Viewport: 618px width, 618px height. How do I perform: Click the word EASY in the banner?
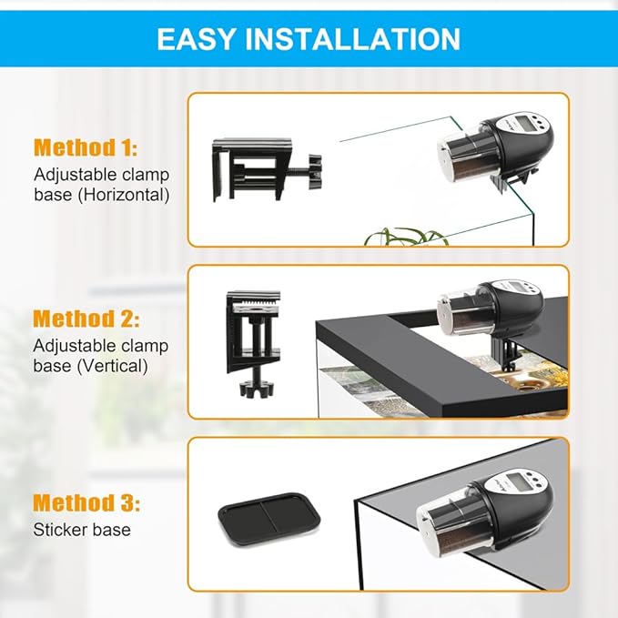click(x=196, y=38)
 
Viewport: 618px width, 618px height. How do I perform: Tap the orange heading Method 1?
click(x=86, y=147)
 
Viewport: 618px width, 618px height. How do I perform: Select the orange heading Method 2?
click(x=86, y=319)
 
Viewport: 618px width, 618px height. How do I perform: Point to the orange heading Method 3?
click(x=86, y=502)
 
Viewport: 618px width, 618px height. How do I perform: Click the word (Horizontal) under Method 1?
click(x=124, y=195)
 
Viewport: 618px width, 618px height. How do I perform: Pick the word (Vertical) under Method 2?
click(x=112, y=366)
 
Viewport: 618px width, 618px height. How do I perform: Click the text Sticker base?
click(x=82, y=530)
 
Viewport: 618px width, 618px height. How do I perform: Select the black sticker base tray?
click(x=269, y=519)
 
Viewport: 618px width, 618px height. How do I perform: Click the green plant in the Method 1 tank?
click(x=406, y=236)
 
